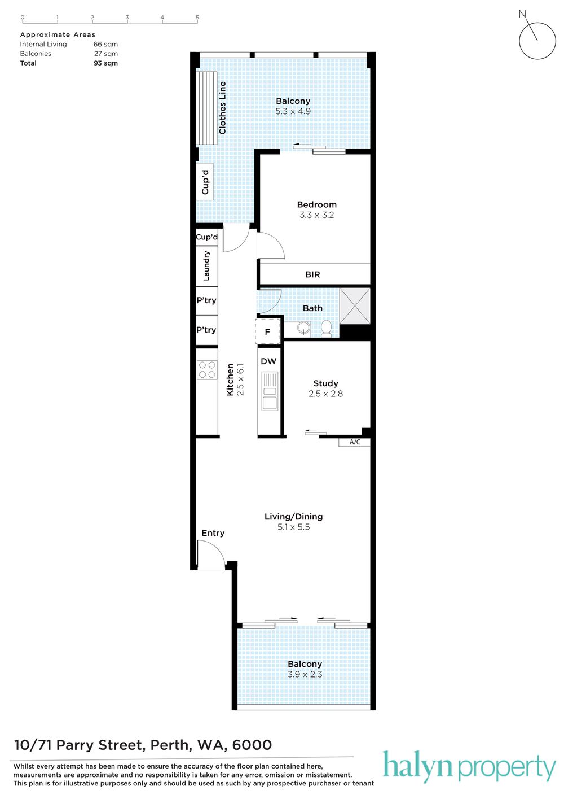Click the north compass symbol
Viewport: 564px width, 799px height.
pyautogui.click(x=537, y=41)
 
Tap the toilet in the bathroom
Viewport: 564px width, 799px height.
pyautogui.click(x=326, y=328)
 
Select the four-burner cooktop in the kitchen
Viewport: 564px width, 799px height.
pyautogui.click(x=207, y=369)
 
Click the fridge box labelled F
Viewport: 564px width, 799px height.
pyautogui.click(x=267, y=331)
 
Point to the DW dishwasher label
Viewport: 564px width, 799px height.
pyautogui.click(x=268, y=361)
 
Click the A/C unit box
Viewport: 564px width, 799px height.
pyautogui.click(x=354, y=442)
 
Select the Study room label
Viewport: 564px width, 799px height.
pyautogui.click(x=325, y=383)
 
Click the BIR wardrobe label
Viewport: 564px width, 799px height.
pyautogui.click(x=312, y=274)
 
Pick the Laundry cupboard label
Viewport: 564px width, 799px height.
pyautogui.click(x=206, y=266)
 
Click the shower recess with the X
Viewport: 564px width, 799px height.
pyautogui.click(x=355, y=305)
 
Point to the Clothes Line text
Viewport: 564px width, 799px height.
pyautogui.click(x=222, y=108)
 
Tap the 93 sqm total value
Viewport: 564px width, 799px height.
pyautogui.click(x=105, y=63)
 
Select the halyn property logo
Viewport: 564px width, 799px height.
pyautogui.click(x=469, y=767)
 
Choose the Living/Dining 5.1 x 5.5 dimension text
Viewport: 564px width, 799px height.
pyautogui.click(x=294, y=527)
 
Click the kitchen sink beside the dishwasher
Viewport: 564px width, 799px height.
pyautogui.click(x=270, y=391)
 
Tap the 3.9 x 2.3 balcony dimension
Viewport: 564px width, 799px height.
pyautogui.click(x=305, y=674)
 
